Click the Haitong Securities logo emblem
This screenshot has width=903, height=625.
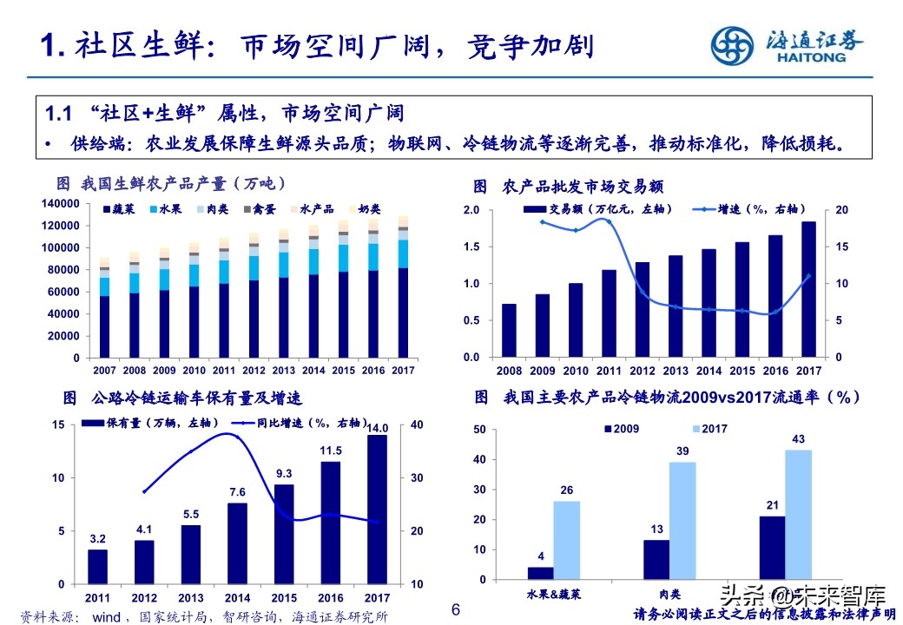[x=735, y=44]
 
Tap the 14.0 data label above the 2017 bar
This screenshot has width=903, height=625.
[x=378, y=428]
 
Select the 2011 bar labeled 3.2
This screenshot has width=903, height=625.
[x=98, y=566]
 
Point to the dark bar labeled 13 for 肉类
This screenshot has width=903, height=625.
[x=656, y=559]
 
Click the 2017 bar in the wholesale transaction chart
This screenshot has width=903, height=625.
[x=807, y=289]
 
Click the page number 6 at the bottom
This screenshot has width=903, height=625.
[x=455, y=610]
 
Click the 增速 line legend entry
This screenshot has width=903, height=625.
[x=749, y=209]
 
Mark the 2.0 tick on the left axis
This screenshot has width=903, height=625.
[x=471, y=211]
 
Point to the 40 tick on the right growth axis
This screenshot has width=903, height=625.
[x=416, y=424]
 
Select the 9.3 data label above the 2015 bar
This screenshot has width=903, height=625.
[x=284, y=474]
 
